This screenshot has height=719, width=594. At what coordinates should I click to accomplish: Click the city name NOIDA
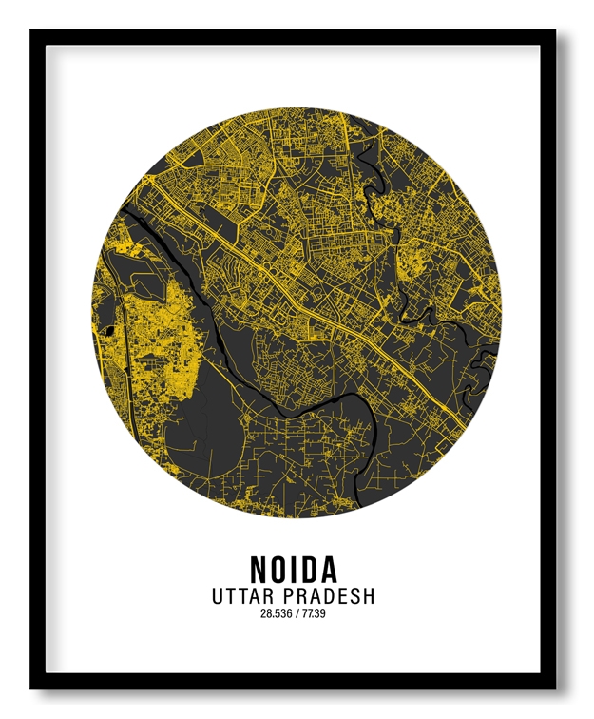[x=294, y=569]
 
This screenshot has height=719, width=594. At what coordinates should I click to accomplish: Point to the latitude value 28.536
[x=277, y=614]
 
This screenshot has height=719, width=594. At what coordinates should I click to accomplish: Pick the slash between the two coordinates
[x=297, y=614]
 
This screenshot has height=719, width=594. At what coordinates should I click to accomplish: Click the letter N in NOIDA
[x=259, y=569]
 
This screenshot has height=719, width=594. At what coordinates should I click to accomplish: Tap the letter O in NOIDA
[x=278, y=569]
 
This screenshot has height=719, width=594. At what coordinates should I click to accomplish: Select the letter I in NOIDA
[x=294, y=569]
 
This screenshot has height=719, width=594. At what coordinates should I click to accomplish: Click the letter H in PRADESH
[x=368, y=597]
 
